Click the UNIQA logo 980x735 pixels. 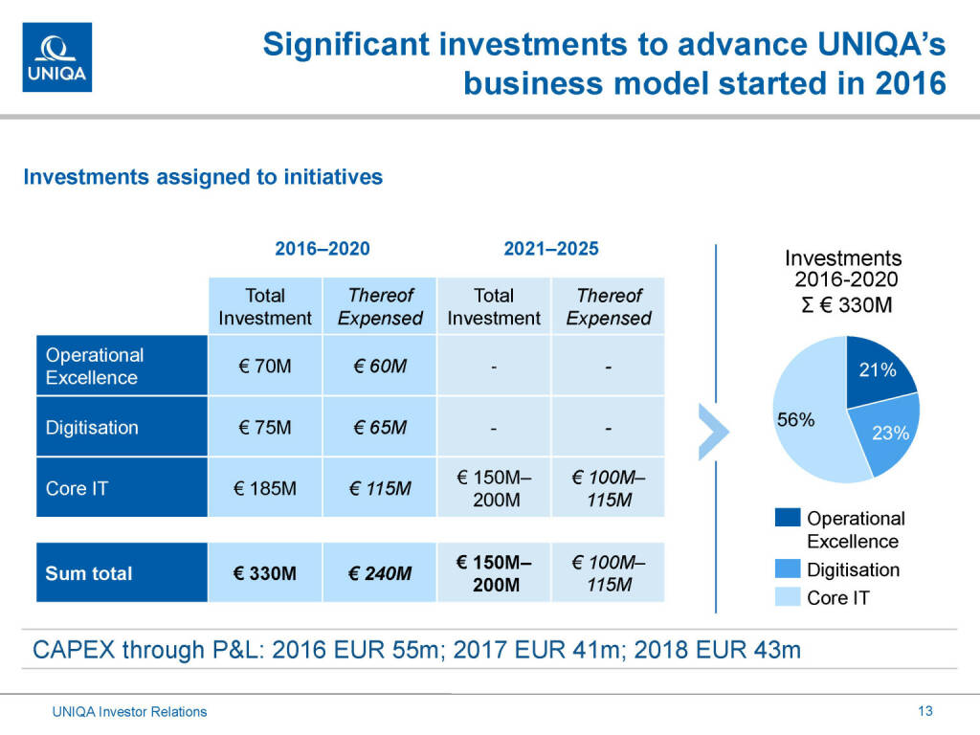[x=57, y=57]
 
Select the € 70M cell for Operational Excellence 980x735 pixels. [x=264, y=366]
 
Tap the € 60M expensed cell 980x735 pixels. [x=379, y=366]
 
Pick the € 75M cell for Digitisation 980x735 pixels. [x=264, y=427]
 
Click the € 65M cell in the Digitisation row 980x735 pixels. [x=379, y=427]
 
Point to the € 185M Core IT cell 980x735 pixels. [x=264, y=488]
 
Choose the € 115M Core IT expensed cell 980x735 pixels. [x=379, y=488]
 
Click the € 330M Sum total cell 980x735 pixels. [x=264, y=573]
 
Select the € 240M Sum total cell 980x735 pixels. [x=379, y=573]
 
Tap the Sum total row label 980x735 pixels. [x=90, y=573]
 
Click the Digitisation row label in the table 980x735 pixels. [x=92, y=427]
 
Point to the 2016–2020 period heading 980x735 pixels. [x=322, y=249]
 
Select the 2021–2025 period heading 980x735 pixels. [x=551, y=249]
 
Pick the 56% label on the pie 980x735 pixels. [x=795, y=419]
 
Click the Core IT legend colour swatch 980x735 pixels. [x=787, y=598]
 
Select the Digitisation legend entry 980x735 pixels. [x=853, y=569]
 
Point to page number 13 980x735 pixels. [x=924, y=711]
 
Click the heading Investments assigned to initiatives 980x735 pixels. [x=203, y=177]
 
